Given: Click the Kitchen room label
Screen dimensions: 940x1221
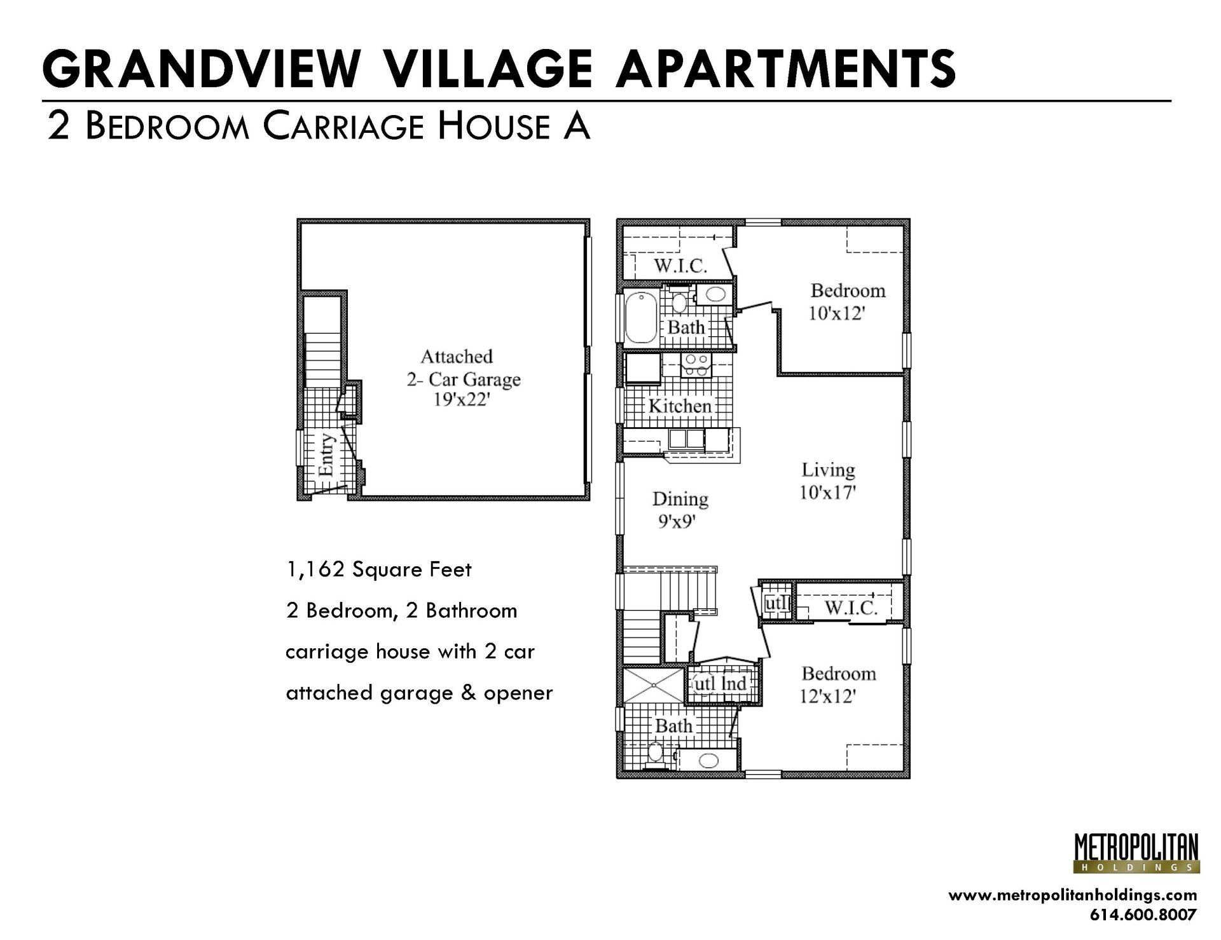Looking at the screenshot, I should click(679, 406).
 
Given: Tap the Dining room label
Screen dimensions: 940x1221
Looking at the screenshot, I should click(680, 500).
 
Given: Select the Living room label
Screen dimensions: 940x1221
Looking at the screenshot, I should click(828, 470).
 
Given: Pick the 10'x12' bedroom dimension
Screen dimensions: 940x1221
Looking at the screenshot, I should click(836, 313).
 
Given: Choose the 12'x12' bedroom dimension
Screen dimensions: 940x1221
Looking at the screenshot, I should click(827, 697).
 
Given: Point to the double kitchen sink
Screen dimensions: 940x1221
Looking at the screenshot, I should click(686, 439).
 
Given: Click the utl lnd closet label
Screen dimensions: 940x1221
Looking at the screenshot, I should click(720, 685).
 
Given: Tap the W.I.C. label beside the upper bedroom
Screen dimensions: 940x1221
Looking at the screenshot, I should click(680, 266).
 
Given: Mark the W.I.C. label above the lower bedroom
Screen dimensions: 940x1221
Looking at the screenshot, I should click(851, 609).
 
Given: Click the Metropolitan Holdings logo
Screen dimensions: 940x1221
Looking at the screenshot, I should click(1136, 854).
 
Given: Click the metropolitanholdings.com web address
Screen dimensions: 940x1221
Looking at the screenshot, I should click(1072, 896).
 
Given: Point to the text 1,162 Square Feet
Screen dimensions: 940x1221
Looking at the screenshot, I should click(378, 569).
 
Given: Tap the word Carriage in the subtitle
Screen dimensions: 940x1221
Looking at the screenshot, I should click(343, 126).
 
